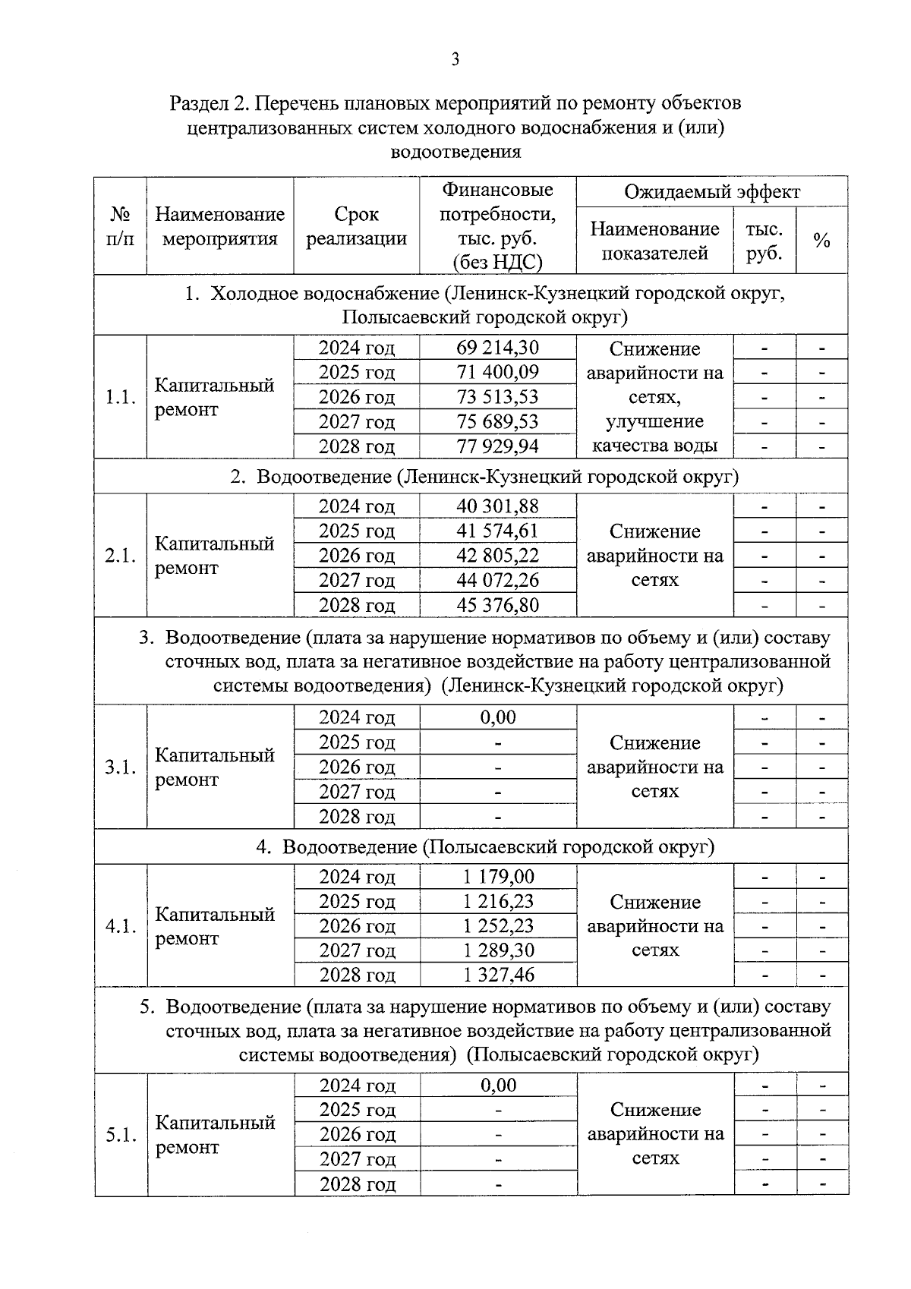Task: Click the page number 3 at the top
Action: tap(455, 60)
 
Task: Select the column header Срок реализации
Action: tap(356, 226)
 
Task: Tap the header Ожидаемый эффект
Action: tap(711, 192)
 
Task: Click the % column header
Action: tap(821, 241)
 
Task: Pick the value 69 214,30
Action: tap(498, 348)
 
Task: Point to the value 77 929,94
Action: tap(498, 446)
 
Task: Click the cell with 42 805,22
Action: tap(498, 556)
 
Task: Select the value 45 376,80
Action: tap(498, 605)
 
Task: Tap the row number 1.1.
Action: tap(121, 397)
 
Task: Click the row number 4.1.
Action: tap(121, 926)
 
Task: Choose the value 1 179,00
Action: tap(498, 877)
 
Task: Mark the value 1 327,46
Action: tap(498, 975)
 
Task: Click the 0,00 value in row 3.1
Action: tap(498, 717)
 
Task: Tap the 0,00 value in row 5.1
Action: tap(498, 1086)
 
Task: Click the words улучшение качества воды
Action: tap(654, 433)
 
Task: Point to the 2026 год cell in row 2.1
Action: tap(356, 556)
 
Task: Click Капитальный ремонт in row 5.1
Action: tap(215, 1135)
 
